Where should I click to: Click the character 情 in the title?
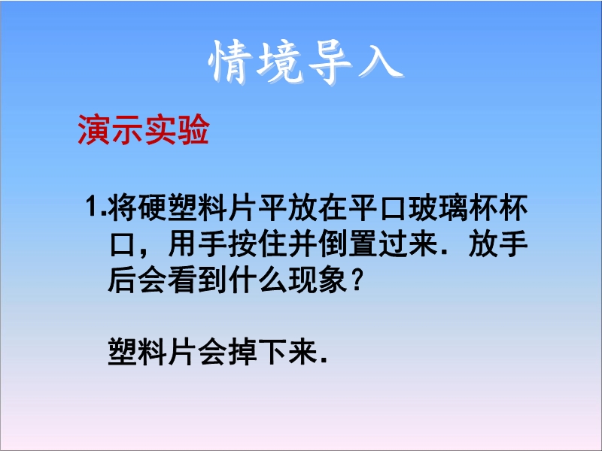[230, 62]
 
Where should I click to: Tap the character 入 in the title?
[380, 63]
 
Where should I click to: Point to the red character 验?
[193, 129]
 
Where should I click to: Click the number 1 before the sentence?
[93, 207]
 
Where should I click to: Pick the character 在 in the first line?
[333, 207]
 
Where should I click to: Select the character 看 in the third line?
[183, 280]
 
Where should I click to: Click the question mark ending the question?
[357, 280]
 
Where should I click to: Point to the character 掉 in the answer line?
[243, 352]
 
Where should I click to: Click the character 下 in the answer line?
[273, 352]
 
